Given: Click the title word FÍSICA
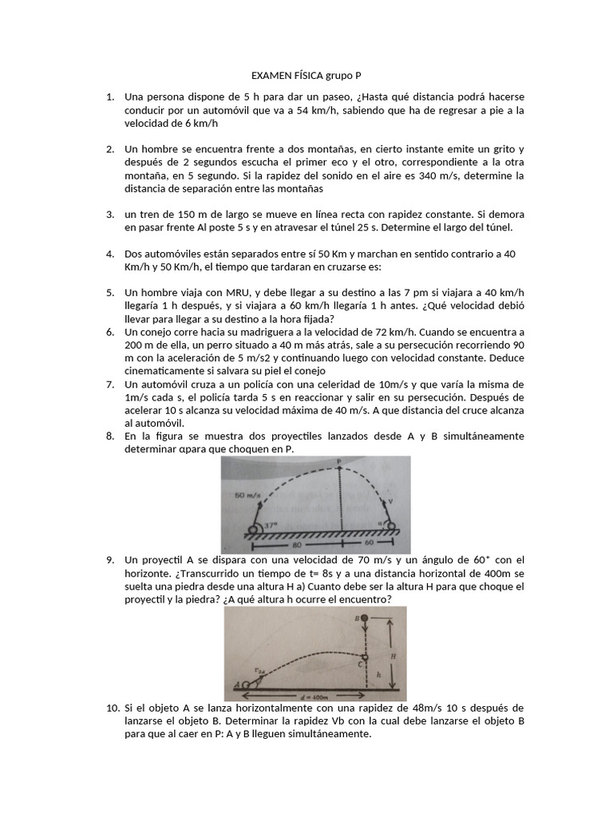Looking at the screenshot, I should tap(306, 76).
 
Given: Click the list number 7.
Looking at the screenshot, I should tap(110, 384).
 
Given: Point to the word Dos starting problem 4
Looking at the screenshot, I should tap(133, 254).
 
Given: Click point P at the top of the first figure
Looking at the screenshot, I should tap(339, 462).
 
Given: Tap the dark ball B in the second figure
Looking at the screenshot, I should tap(364, 618).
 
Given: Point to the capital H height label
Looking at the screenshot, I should tap(394, 652).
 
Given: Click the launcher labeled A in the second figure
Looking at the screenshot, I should tap(242, 684).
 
